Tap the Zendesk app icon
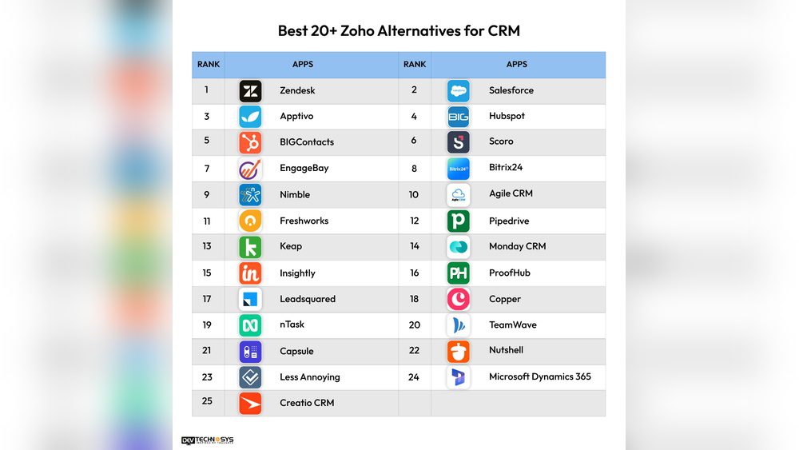250,91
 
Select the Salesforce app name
511,90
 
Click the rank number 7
207,169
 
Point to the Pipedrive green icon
459,221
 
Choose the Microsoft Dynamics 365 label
539,376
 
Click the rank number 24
414,377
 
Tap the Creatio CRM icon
250,403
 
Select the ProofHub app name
509,273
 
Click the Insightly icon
250,273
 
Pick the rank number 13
207,246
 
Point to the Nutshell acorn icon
459,351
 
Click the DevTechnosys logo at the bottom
208,440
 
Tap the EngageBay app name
304,169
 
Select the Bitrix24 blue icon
459,169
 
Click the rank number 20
414,325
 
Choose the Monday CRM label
517,246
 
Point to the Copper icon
459,299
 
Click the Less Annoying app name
309,377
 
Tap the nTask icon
250,325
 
